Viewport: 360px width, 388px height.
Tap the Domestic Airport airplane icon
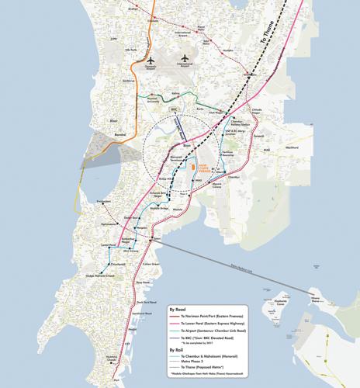151,59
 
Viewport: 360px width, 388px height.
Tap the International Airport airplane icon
185,58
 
